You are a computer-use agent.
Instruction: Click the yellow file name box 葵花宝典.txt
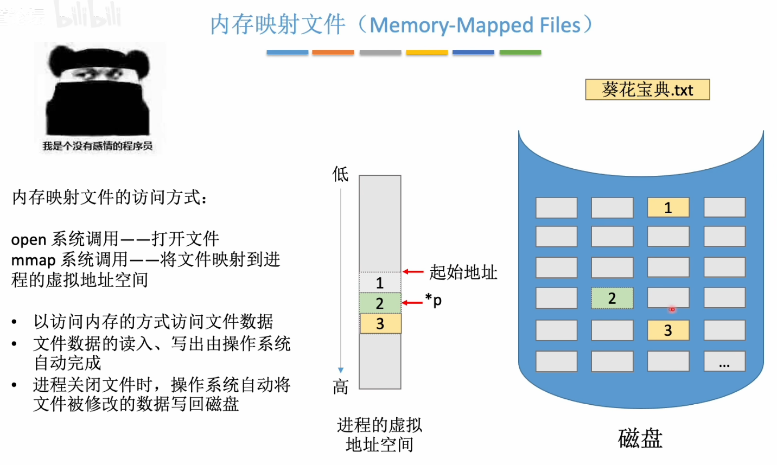pos(647,90)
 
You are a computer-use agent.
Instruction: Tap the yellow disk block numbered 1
pos(668,208)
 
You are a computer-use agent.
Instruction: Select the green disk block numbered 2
pos(612,298)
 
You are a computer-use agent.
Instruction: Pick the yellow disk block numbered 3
pos(668,330)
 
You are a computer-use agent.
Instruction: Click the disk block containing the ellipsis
pos(724,361)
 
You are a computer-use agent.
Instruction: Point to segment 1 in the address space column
pos(380,283)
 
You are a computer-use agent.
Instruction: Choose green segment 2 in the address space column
pos(380,303)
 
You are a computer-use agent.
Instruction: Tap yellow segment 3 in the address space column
pos(380,323)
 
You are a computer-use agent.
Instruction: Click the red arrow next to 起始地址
pos(413,271)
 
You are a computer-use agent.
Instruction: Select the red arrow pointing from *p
pos(412,302)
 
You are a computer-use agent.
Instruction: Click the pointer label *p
pos(434,300)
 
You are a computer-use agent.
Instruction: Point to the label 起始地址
pos(463,272)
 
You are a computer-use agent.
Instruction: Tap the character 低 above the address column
pos(340,174)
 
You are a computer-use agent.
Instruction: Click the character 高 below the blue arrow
pos(340,387)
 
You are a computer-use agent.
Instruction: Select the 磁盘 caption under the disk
pos(640,438)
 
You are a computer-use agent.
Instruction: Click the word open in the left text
pos(29,239)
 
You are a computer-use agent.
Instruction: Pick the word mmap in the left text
pos(33,260)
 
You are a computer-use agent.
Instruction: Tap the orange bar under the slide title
pos(333,53)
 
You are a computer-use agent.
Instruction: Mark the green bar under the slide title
pos(520,53)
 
